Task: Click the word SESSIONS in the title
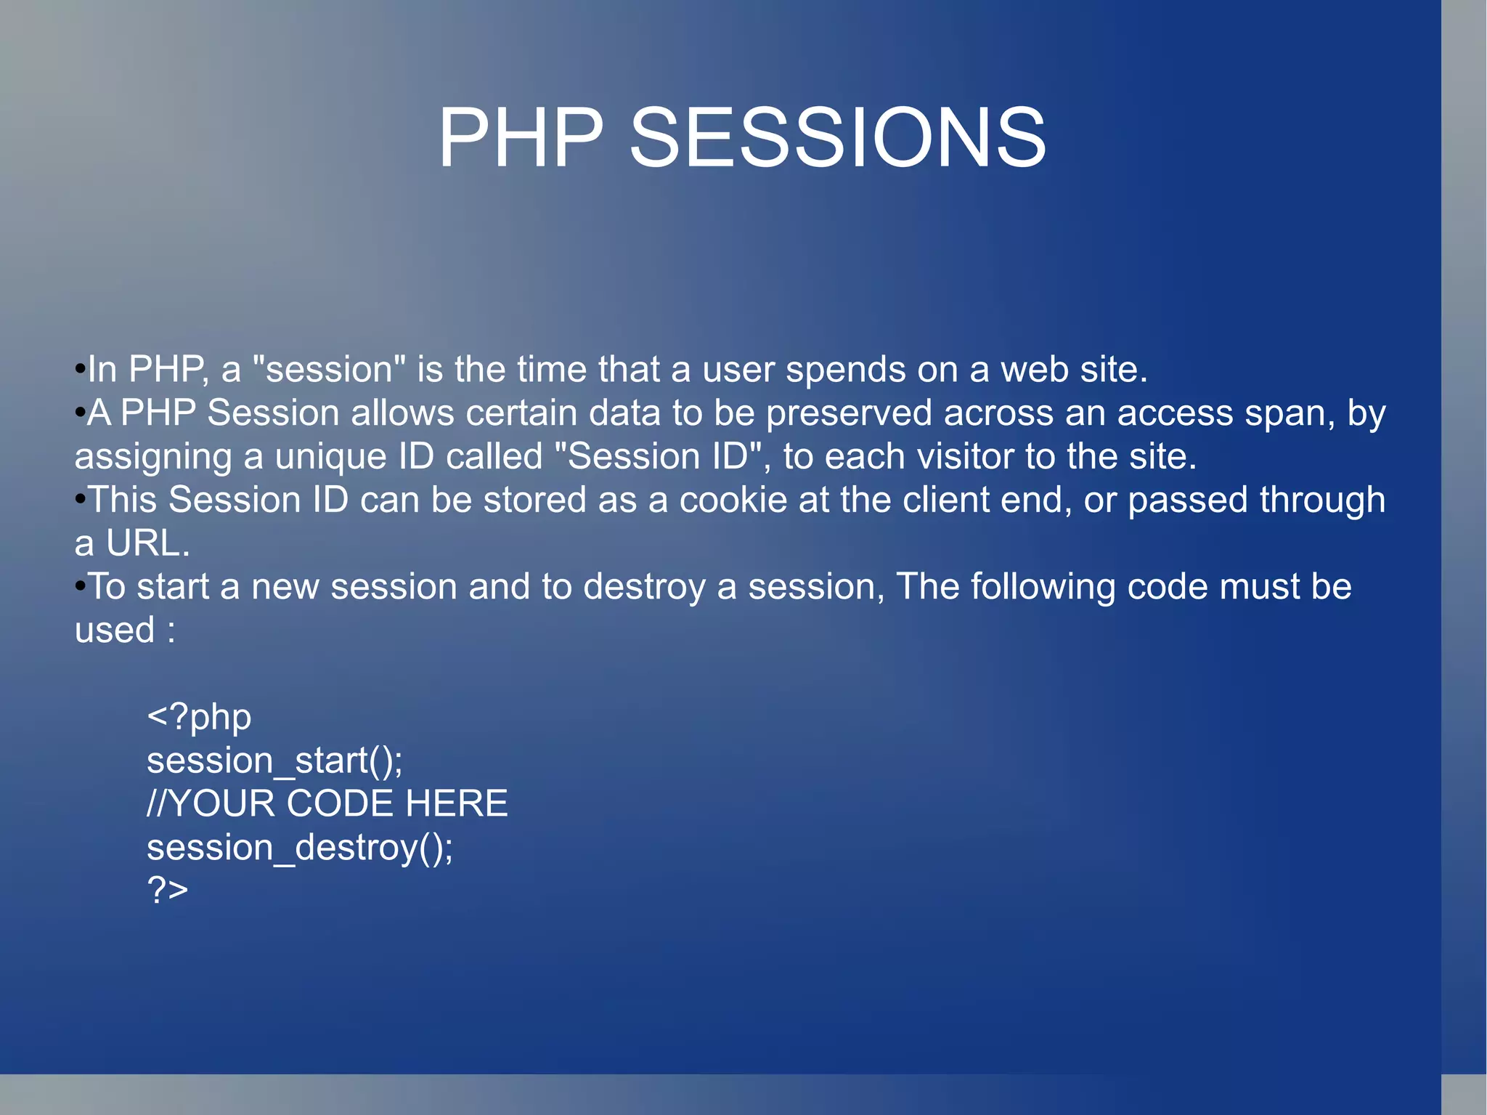tap(837, 138)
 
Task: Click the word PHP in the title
tap(521, 138)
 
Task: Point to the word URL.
tap(147, 543)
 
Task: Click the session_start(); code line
tap(274, 761)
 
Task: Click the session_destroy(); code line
tap(299, 848)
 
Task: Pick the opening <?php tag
tap(199, 718)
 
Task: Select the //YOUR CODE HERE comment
tap(327, 803)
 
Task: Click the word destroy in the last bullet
tap(644, 587)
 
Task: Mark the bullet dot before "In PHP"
tap(80, 369)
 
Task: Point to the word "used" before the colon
tap(115, 631)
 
